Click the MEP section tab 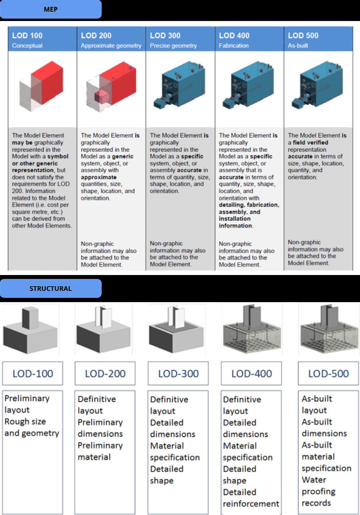(51, 9)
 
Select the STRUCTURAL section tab (51, 288)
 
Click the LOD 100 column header (27, 36)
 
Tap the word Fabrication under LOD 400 (234, 46)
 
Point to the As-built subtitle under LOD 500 (298, 46)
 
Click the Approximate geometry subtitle (111, 46)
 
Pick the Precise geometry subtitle (173, 46)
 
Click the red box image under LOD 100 (42, 87)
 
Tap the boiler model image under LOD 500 (317, 87)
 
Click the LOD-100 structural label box (33, 373)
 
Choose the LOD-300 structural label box (178, 373)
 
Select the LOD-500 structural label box (328, 373)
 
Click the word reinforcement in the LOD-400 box (251, 504)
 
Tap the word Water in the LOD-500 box (314, 480)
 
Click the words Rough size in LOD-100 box (25, 422)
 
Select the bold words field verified (310, 143)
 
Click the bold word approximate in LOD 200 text (99, 177)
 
